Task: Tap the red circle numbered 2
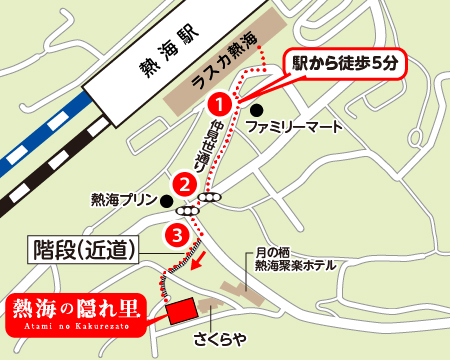click(x=183, y=183)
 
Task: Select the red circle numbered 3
click(x=176, y=236)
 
